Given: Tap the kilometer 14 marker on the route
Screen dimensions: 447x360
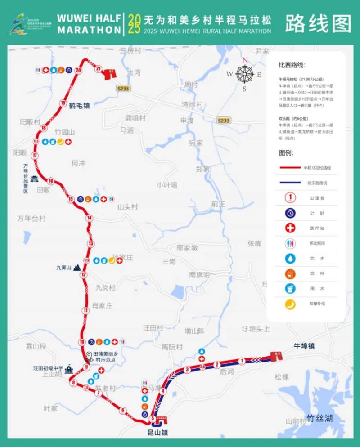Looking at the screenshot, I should [90, 218].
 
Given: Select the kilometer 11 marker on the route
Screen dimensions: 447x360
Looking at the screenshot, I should [85, 310].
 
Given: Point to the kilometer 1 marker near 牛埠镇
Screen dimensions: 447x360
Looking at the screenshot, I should [242, 360].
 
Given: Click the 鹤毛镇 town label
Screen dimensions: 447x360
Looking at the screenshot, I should [80, 106].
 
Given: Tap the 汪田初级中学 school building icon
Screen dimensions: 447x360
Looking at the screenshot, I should [68, 369].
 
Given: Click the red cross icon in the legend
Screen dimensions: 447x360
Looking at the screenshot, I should [291, 228].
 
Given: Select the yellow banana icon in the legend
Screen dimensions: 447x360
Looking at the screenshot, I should [291, 304].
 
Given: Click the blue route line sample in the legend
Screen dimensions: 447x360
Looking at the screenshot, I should [297, 183].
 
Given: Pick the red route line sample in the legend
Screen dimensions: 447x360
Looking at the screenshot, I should [297, 167].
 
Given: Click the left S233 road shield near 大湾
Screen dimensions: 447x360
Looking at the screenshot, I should [122, 89].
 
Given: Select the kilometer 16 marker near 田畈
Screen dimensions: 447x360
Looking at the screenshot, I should [51, 181].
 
